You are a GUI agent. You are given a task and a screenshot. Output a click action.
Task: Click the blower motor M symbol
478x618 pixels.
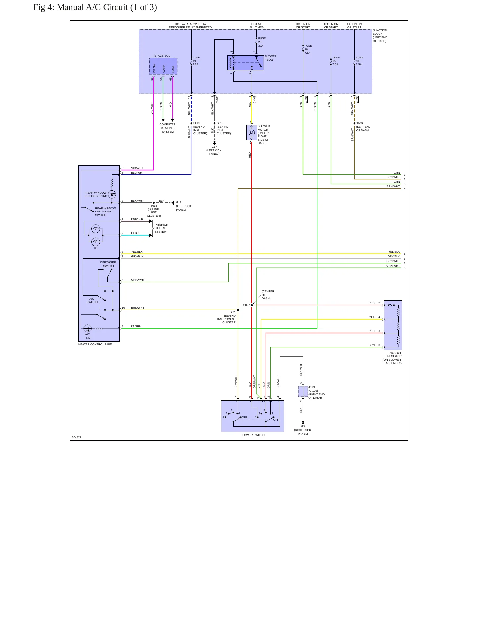pyautogui.click(x=252, y=133)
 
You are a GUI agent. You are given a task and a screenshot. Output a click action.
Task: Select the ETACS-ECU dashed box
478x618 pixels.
pyautogui.click(x=163, y=66)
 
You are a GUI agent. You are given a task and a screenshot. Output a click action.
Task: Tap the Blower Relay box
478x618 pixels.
pyautogui.click(x=245, y=63)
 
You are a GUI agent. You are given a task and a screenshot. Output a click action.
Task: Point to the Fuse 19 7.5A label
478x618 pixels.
pyautogui.click(x=196, y=61)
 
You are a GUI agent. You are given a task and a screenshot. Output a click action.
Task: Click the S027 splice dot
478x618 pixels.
pyautogui.click(x=252, y=305)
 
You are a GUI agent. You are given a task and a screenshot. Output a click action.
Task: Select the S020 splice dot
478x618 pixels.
pyautogui.click(x=238, y=310)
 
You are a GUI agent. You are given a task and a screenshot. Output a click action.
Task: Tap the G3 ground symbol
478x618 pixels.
pyautogui.click(x=303, y=422)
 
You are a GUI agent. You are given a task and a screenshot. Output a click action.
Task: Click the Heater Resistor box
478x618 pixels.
pyautogui.click(x=393, y=325)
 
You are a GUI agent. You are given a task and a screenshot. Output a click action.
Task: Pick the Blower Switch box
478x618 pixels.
pyautogui.click(x=253, y=416)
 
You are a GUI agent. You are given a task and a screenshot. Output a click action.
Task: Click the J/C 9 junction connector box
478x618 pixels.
pyautogui.click(x=303, y=391)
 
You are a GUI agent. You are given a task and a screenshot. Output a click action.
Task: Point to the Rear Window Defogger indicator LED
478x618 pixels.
pyautogui.click(x=112, y=194)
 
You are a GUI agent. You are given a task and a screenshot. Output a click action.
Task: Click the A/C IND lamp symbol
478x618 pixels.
pyautogui.click(x=87, y=328)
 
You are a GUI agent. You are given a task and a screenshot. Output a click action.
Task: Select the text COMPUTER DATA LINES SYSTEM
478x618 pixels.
pyautogui.click(x=168, y=128)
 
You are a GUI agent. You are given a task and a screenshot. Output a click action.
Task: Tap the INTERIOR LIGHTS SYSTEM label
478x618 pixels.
pyautogui.click(x=161, y=228)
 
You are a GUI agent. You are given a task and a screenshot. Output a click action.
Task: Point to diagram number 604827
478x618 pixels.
pyautogui.click(x=76, y=437)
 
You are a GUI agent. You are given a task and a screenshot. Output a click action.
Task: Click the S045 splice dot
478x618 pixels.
pyautogui.click(x=354, y=123)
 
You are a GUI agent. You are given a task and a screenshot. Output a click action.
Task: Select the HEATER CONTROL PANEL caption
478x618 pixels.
pyautogui.click(x=96, y=344)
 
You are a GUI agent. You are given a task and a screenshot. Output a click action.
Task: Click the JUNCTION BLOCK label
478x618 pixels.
pyautogui.click(x=380, y=36)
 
